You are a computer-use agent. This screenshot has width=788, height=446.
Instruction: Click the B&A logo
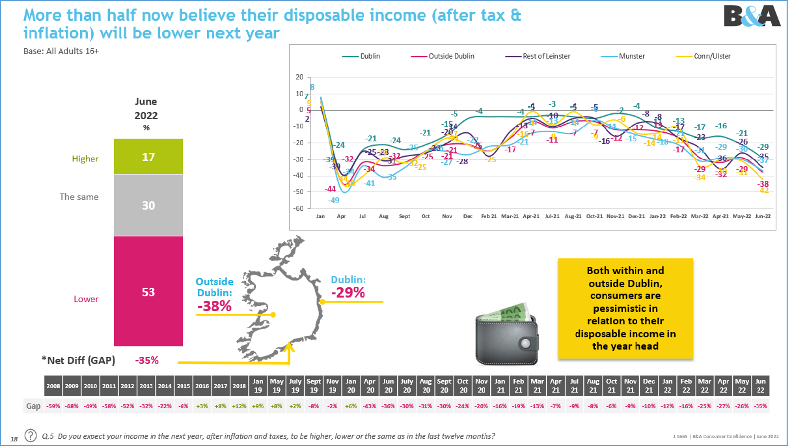click(x=752, y=16)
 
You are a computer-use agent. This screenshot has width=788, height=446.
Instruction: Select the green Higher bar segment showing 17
click(x=148, y=157)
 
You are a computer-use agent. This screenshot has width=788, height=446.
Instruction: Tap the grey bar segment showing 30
click(x=148, y=205)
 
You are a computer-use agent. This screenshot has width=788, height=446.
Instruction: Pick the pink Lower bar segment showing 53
click(x=148, y=291)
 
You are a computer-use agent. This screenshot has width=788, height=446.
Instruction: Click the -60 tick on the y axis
click(x=299, y=208)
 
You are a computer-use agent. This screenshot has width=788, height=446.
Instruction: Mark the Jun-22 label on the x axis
click(x=762, y=216)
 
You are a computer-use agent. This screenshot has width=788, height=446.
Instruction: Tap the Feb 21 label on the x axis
click(x=488, y=216)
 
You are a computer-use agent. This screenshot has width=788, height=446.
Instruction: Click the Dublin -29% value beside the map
click(x=348, y=292)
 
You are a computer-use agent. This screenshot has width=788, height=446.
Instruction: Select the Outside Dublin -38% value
click(x=214, y=306)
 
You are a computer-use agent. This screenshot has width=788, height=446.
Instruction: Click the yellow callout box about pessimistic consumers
click(x=625, y=308)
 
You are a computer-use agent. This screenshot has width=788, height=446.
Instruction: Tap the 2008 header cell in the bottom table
click(x=53, y=386)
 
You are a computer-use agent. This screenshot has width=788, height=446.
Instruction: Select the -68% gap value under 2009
click(x=72, y=406)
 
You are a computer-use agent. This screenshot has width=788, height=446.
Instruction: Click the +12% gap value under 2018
click(x=239, y=406)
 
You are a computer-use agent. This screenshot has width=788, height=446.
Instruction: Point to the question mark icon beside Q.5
click(x=30, y=436)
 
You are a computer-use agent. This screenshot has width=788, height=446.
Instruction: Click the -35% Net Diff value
click(x=147, y=360)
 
